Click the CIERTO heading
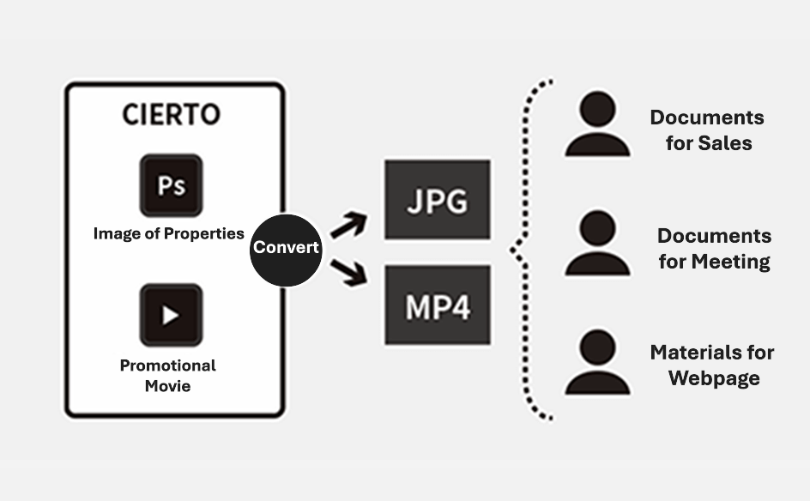171,114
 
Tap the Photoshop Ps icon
171,185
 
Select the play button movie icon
171,315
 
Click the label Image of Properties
168,233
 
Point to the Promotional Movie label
167,375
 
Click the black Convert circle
286,248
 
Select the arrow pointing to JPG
348,226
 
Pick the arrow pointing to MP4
348,273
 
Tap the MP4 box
438,305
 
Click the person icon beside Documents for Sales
597,125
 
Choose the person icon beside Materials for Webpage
597,364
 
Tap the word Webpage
714,378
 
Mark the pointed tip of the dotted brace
512,250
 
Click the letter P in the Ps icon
163,184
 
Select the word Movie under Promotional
167,386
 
